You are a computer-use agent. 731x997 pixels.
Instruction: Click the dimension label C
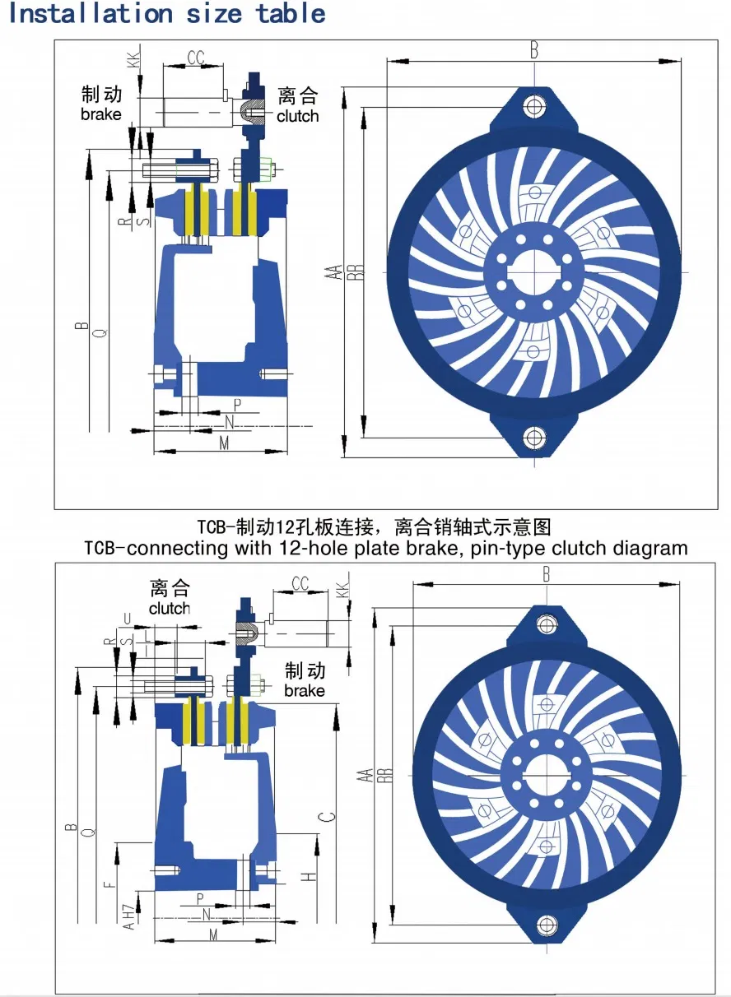point(328,816)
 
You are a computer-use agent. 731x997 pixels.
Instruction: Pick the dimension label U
point(126,618)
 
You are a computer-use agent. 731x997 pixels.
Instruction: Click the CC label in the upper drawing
point(195,58)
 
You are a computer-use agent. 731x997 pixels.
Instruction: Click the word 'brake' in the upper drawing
point(100,114)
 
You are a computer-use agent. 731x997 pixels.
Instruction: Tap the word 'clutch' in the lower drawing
point(170,609)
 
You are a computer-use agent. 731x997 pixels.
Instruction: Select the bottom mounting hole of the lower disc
point(546,925)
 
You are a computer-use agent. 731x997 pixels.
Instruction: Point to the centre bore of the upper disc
point(535,271)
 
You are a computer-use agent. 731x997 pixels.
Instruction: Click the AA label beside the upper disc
point(333,272)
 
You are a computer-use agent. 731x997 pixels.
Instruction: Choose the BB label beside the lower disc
point(384,776)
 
